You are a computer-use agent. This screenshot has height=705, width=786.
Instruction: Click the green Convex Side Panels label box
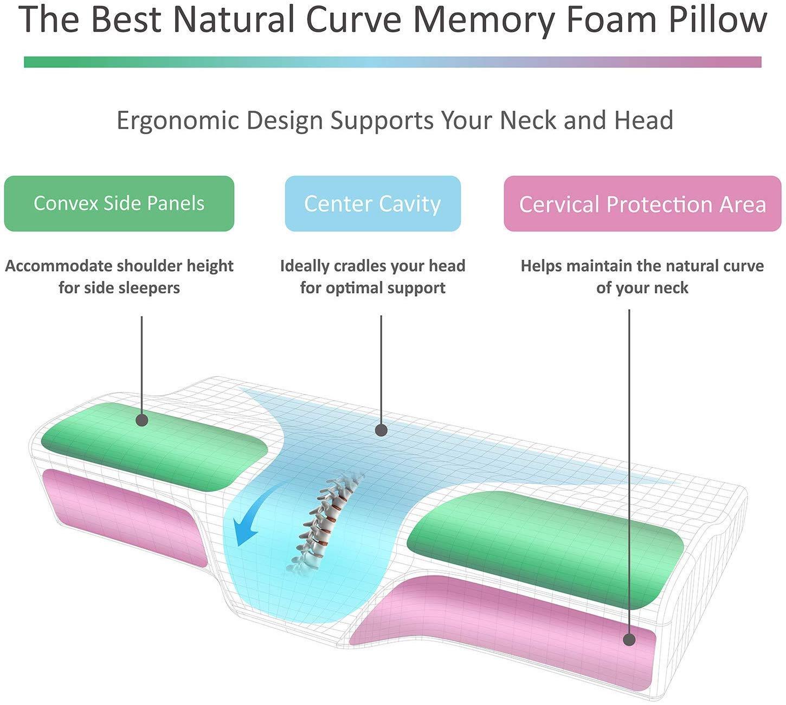click(x=119, y=203)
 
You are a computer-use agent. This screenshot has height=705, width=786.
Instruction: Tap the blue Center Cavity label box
click(x=372, y=204)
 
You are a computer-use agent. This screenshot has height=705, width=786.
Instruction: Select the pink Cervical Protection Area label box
click(x=642, y=204)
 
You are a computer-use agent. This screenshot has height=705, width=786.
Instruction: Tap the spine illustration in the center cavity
click(x=325, y=521)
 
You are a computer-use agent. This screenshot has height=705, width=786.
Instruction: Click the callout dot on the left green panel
click(x=142, y=420)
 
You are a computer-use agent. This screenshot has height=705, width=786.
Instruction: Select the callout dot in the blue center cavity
click(x=381, y=431)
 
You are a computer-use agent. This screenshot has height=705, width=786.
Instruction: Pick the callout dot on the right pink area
click(x=629, y=640)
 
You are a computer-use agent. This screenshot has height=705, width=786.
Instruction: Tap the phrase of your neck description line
click(x=642, y=287)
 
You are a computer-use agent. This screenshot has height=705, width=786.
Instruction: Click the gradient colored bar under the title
click(x=392, y=62)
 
